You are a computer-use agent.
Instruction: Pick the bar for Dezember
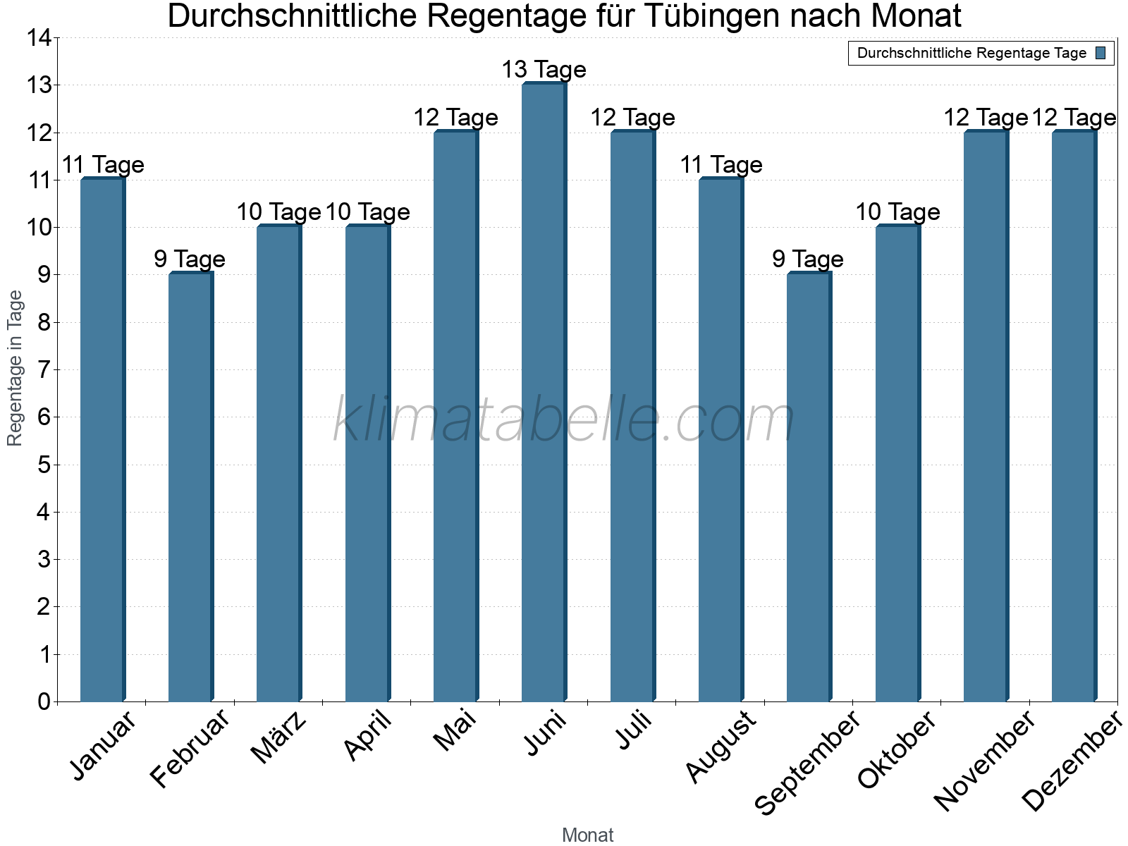click(1074, 416)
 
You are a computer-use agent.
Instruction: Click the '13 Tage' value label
click(544, 70)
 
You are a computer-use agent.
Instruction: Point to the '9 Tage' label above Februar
click(190, 259)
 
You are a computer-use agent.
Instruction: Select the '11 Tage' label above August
click(721, 165)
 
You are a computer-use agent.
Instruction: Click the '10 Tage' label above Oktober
click(897, 212)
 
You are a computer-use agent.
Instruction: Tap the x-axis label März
click(279, 737)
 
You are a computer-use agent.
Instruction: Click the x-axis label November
click(985, 760)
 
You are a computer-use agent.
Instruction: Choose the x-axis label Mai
click(455, 730)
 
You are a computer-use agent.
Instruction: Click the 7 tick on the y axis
click(44, 369)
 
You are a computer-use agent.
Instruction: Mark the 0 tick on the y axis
click(44, 701)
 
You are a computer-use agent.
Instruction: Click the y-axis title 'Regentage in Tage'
click(15, 368)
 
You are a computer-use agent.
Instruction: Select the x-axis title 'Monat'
click(587, 835)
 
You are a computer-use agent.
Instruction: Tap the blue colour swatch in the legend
click(1101, 53)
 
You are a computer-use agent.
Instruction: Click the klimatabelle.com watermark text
click(564, 420)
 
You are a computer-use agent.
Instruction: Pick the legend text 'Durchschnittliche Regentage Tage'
click(971, 53)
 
